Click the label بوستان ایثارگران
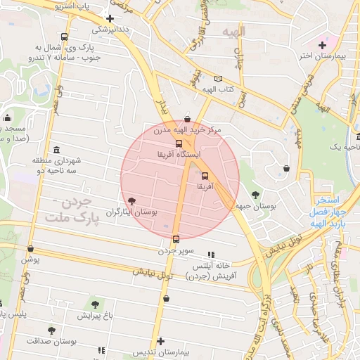(131, 211)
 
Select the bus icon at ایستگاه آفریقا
(178, 143)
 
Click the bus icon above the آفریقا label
(205, 176)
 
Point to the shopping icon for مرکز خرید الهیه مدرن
(186, 120)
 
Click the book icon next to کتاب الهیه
(218, 79)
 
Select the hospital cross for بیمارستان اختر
(322, 45)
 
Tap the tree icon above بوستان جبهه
(255, 195)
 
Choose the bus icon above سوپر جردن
(176, 238)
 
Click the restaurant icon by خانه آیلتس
(210, 255)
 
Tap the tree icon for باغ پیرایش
(95, 304)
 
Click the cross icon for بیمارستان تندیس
(161, 340)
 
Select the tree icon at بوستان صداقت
(51, 330)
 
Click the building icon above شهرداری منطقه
(57, 148)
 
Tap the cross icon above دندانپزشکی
(110, 18)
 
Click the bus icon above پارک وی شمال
(65, 37)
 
